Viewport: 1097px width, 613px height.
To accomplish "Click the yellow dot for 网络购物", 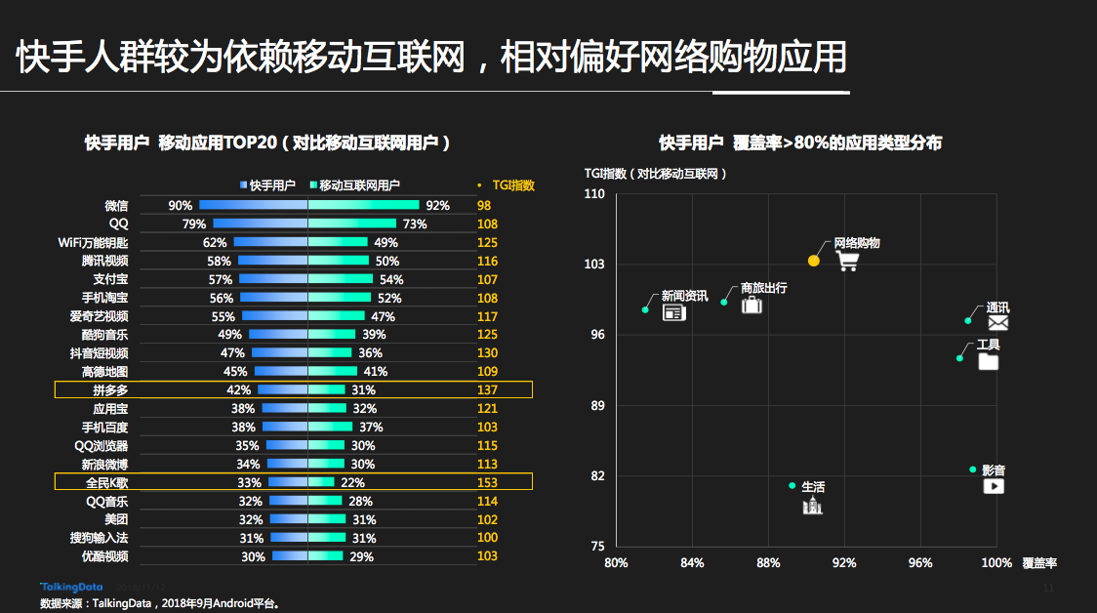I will pos(814,261).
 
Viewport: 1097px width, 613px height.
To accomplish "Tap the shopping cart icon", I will pos(847,261).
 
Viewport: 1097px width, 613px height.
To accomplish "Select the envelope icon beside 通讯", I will pos(997,323).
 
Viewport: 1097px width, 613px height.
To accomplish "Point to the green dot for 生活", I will pos(792,485).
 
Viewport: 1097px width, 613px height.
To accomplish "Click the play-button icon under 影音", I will pos(994,485).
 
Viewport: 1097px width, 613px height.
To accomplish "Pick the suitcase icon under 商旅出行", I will pos(751,305).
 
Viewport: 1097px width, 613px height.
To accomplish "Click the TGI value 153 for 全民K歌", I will pos(487,482).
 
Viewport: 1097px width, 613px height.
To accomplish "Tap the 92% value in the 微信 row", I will pos(437,206).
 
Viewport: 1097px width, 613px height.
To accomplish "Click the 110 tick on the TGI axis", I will pos(594,194).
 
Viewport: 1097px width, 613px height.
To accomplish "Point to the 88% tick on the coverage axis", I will pos(768,563).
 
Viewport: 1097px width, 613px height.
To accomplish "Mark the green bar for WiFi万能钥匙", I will pos(338,242).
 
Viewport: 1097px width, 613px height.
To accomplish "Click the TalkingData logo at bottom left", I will pos(66,586).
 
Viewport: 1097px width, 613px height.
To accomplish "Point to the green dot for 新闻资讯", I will pos(645,309).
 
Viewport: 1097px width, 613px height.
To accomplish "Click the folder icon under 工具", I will pos(989,361).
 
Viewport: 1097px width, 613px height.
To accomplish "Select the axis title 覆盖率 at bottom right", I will pos(1039,563).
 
